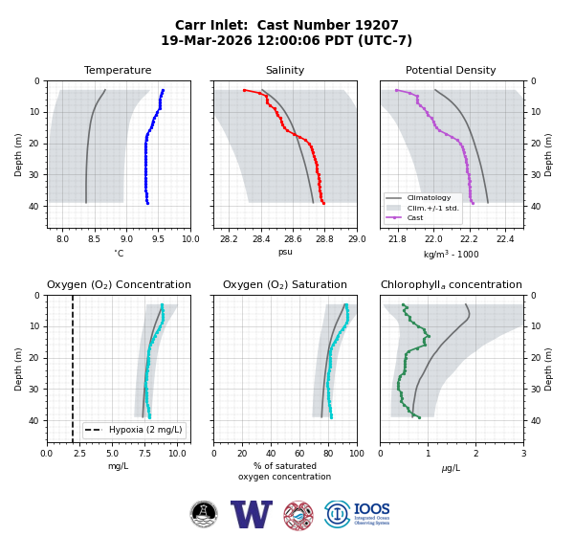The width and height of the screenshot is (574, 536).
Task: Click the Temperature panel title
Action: tap(118, 70)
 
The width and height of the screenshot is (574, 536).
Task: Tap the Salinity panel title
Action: tap(285, 70)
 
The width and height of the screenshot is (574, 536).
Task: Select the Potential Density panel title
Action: tap(451, 70)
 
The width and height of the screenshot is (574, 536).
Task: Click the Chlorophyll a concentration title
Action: tap(451, 284)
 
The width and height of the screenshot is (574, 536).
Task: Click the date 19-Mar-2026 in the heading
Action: tap(207, 40)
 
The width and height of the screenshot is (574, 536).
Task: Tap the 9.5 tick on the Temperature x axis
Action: tap(158, 239)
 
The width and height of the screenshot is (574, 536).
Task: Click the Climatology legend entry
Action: tap(429, 198)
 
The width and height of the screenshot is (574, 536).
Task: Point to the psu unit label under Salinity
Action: tap(285, 252)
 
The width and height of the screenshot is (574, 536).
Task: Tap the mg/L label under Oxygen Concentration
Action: tap(118, 466)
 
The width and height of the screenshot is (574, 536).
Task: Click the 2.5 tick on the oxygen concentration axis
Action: tap(79, 454)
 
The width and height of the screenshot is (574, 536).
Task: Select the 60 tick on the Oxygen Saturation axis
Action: tap(299, 454)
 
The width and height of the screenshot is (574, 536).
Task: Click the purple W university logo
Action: tap(251, 514)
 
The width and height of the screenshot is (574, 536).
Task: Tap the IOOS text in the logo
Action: tap(371, 509)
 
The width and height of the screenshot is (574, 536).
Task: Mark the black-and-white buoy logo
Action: tap(204, 514)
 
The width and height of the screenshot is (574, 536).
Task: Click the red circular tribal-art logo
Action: tap(298, 516)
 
